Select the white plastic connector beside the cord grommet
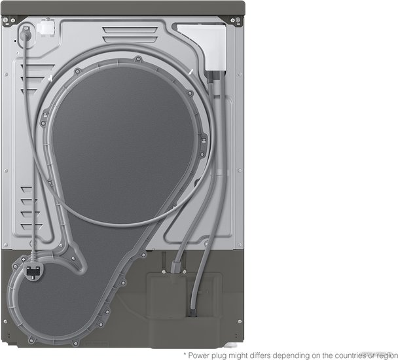pyautogui.click(x=46, y=27)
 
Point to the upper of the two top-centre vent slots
pyautogui.click(x=130, y=29)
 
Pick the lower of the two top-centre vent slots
pyautogui.click(x=130, y=39)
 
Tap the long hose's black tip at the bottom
pyautogui.click(x=193, y=312)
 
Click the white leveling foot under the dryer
pyautogui.click(x=232, y=346)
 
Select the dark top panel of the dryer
pyautogui.click(x=123, y=8)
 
